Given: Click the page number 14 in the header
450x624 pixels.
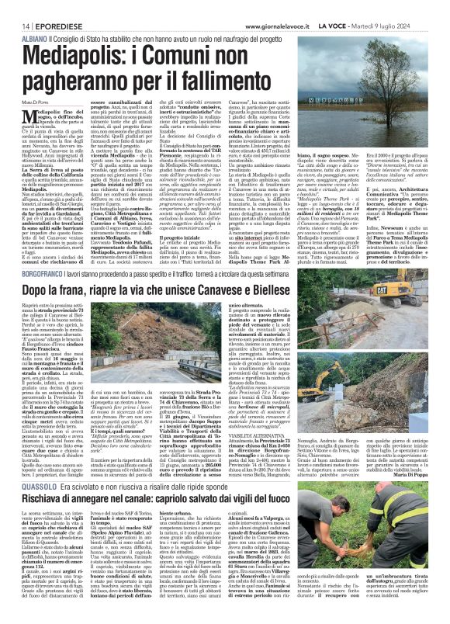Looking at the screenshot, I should (x=16, y=6).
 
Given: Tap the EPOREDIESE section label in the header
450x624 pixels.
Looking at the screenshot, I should (x=47, y=6).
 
